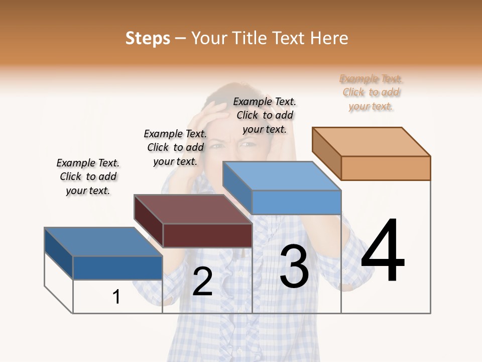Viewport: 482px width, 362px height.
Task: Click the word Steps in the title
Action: tap(148, 38)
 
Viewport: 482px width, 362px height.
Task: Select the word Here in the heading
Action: tap(329, 38)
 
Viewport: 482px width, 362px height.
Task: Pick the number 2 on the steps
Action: tap(202, 282)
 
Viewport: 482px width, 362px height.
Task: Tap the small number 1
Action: tap(116, 297)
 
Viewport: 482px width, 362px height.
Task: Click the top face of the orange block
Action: tap(372, 142)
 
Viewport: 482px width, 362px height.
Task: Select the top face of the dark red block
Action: tap(193, 209)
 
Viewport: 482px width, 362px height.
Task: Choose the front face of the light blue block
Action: tap(296, 203)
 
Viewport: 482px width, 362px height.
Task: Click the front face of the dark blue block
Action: tap(117, 268)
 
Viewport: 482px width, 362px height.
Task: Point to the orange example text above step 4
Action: tap(371, 93)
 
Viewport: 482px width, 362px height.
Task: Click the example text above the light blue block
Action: tap(265, 115)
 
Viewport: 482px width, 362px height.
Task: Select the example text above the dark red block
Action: tap(175, 147)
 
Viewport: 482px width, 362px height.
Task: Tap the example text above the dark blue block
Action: tap(88, 176)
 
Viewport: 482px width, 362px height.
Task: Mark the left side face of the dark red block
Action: tap(149, 221)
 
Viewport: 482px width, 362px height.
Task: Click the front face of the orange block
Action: tap(386, 168)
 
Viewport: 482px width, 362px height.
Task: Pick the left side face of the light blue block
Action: tap(237, 187)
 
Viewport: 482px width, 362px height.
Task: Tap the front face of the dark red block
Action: tap(207, 235)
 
